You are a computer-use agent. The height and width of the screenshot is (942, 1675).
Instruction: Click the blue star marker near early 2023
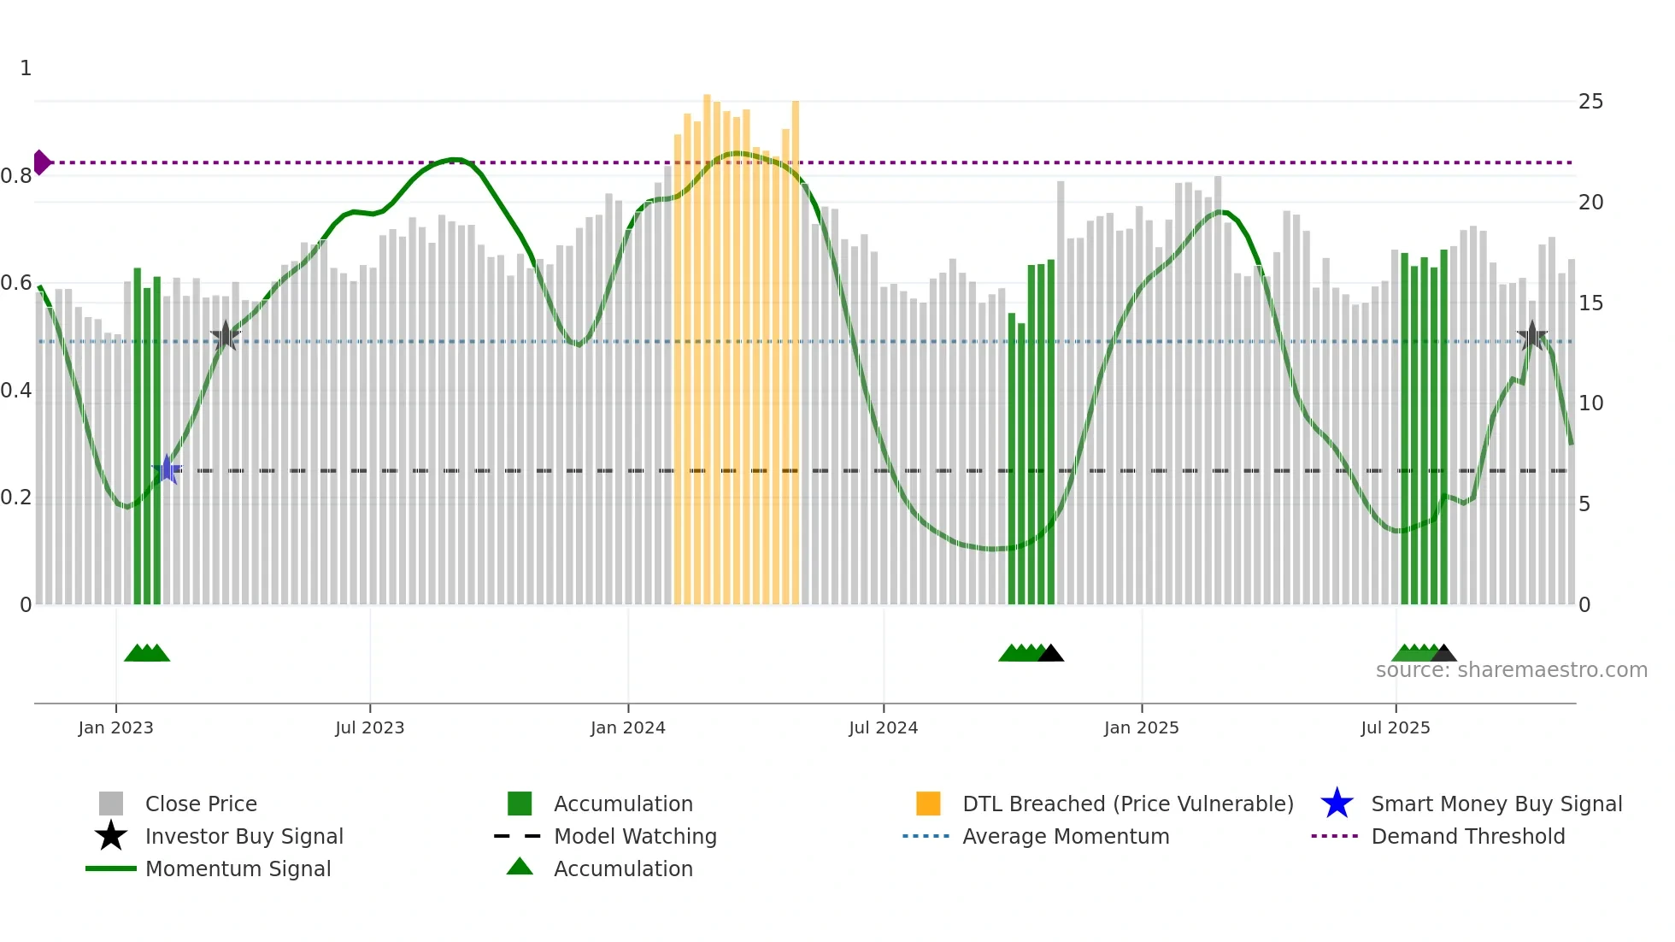coord(167,469)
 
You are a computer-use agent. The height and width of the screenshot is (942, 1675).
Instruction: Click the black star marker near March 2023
coord(225,337)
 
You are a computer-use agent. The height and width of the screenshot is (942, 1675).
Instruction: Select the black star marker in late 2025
coord(1531,336)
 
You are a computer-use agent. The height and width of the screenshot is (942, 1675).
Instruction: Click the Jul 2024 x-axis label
coord(883,727)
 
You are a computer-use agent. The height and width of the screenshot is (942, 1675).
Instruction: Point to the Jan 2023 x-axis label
coord(115,727)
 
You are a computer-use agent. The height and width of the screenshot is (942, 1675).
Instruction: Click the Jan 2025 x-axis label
coord(1141,727)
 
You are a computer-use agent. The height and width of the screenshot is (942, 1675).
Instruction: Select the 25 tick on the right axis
coord(1590,102)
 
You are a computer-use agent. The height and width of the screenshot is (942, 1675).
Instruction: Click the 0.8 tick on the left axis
coord(16,176)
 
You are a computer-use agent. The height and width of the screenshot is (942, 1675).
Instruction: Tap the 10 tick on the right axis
coord(1590,403)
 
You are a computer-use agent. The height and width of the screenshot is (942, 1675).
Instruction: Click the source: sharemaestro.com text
coord(1511,670)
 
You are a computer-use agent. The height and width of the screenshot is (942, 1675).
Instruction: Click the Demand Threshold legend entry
coord(1467,836)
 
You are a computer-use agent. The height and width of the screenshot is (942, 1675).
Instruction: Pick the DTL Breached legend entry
coord(1127,804)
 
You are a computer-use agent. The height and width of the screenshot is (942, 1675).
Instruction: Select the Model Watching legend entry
coord(634,836)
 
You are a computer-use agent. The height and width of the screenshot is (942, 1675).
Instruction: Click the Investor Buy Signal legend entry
coord(244,836)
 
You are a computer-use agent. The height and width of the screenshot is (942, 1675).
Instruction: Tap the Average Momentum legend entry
coord(1065,836)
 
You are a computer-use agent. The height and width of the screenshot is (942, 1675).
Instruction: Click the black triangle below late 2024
coord(1050,654)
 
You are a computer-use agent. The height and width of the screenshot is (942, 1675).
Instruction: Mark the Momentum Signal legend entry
coord(238,868)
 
